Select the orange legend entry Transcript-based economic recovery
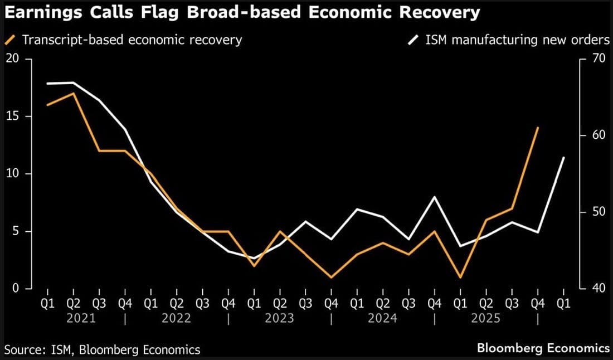point(132,40)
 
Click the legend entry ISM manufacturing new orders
point(516,40)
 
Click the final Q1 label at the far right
point(564,304)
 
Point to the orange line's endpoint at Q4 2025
point(538,128)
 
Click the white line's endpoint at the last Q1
point(564,158)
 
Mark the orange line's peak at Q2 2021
point(74,94)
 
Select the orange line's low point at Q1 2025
point(460,277)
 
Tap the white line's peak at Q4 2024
point(435,197)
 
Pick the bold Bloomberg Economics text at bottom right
point(543,348)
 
